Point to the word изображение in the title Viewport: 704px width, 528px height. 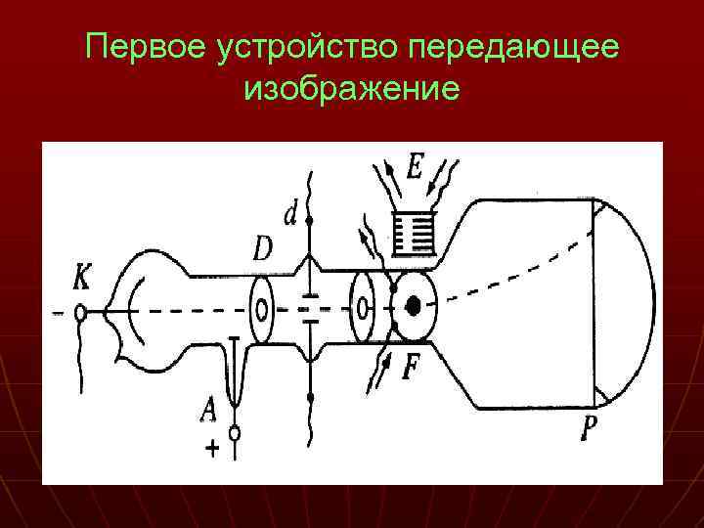coord(352,90)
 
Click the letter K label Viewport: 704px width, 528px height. coord(82,279)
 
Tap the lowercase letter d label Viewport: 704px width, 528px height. coord(289,213)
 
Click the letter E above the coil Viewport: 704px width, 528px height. coord(415,168)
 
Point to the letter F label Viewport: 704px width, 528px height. coord(412,368)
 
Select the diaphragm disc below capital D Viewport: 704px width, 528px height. coord(262,311)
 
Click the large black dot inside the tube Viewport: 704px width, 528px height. coord(415,306)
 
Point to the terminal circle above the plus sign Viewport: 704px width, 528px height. coord(235,431)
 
